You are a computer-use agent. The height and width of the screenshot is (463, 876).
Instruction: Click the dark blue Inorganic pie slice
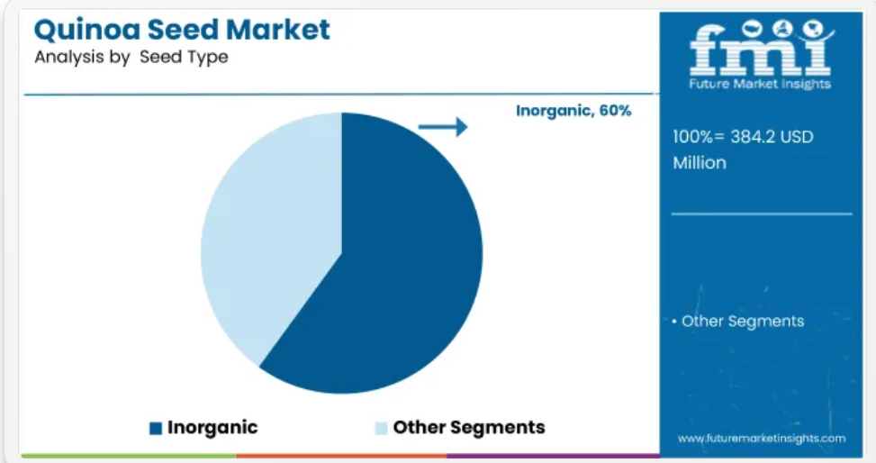[x=391, y=268]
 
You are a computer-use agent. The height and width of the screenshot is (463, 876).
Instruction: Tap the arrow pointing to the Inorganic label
[x=442, y=127]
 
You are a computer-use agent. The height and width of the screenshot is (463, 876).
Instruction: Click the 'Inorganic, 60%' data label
[x=573, y=111]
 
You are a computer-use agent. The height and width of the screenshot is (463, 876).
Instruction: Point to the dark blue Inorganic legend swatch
[x=156, y=429]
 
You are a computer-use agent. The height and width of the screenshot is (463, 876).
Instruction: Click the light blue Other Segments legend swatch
[x=381, y=429]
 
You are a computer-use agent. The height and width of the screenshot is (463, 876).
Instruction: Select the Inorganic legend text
[x=212, y=427]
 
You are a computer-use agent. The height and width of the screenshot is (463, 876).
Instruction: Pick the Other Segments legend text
[x=469, y=427]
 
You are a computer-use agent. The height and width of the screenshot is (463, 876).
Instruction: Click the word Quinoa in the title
[x=86, y=31]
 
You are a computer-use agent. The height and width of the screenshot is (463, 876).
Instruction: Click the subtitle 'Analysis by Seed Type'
[x=131, y=57]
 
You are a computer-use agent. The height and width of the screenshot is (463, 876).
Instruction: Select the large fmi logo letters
[x=760, y=50]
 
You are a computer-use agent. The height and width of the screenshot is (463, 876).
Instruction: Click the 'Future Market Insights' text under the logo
[x=760, y=84]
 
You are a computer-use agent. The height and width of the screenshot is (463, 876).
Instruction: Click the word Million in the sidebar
[x=700, y=163]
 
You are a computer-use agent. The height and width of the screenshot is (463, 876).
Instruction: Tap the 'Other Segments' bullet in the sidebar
[x=738, y=321]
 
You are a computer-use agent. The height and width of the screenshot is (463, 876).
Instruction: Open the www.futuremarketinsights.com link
[x=762, y=439]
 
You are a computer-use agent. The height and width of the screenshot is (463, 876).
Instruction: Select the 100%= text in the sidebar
[x=699, y=136]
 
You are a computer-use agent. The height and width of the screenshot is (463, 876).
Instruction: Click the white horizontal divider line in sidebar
[x=762, y=213]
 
